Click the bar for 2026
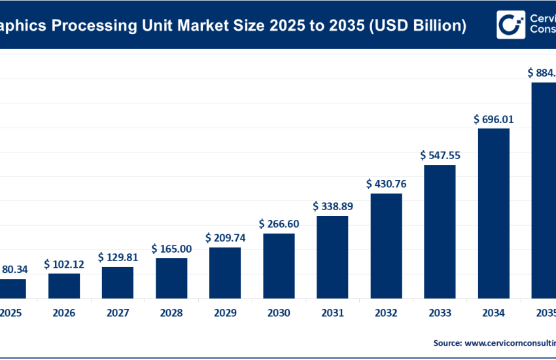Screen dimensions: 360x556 (64, 285)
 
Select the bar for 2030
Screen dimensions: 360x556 (279, 265)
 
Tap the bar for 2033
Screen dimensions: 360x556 (440, 231)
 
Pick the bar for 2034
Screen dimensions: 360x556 (493, 213)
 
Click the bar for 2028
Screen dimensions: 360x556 (171, 278)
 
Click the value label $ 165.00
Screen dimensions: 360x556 (171, 249)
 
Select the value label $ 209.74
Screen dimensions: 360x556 (225, 238)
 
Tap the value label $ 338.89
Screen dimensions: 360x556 (332, 207)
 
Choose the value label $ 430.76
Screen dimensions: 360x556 (386, 184)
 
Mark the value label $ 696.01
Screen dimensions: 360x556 (493, 119)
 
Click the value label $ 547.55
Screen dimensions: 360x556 (440, 156)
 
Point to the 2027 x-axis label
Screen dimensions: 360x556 (118, 314)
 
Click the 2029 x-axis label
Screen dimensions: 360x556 (225, 314)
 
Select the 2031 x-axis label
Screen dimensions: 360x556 (332, 314)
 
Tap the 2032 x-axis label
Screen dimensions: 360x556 (386, 314)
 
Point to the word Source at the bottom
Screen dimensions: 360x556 (447, 342)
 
